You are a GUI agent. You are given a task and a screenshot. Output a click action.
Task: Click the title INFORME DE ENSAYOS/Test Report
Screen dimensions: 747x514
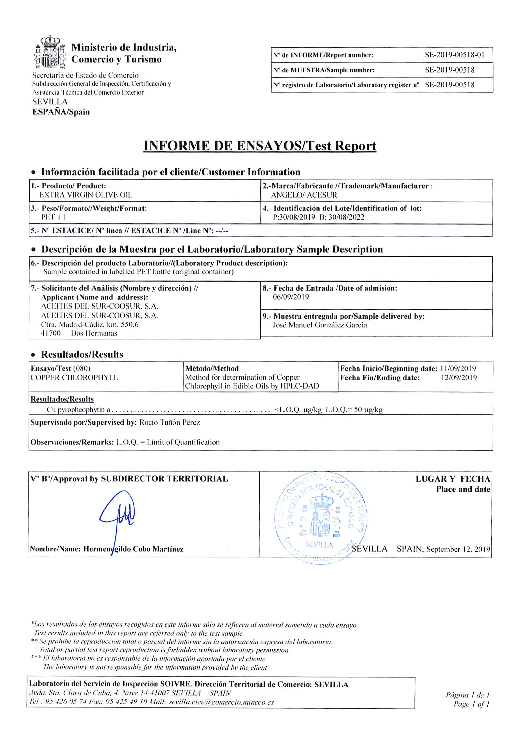pos(260,146)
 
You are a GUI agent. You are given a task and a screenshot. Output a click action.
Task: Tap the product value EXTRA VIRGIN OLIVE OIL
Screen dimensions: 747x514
pos(86,195)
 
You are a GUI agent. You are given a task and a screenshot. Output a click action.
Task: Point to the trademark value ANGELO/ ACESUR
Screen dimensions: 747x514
pos(304,195)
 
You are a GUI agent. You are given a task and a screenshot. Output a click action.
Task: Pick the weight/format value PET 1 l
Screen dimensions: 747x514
pos(53,217)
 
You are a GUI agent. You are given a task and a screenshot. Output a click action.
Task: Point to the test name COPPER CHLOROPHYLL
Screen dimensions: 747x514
pos(74,377)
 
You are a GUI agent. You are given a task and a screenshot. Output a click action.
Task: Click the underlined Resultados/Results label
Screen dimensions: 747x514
pos(62,399)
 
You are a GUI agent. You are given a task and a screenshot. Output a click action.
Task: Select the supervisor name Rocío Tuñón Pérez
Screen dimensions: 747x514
pos(170,422)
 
